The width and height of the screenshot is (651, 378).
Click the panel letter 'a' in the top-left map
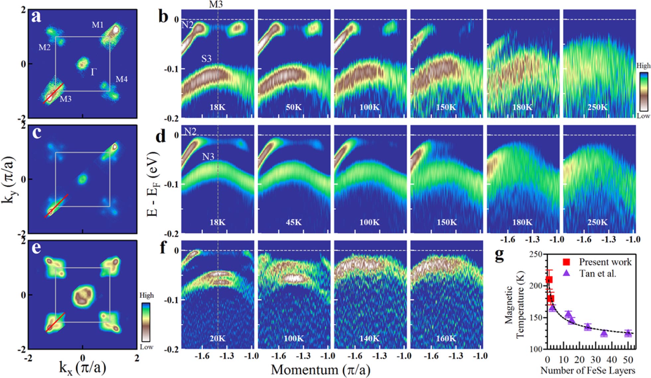(x=36, y=17)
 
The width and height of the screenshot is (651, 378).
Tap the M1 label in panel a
(x=98, y=25)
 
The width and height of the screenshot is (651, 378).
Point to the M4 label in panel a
(x=122, y=79)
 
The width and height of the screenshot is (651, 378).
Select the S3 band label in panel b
(x=206, y=59)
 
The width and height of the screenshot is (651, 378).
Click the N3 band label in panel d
(x=208, y=156)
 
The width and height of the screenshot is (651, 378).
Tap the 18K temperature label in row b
(x=217, y=107)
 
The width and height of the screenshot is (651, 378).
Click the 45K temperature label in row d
(x=294, y=222)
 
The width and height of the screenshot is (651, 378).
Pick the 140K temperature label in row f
(x=369, y=338)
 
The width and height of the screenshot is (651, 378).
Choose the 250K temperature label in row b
(x=598, y=107)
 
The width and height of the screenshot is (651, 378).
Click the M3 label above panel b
(x=216, y=4)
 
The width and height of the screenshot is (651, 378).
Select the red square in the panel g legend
(x=566, y=262)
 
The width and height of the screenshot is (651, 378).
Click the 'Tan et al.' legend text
(x=598, y=274)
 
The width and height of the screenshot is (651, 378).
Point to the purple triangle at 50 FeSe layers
(x=628, y=332)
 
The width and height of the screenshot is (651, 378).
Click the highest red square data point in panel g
(x=549, y=280)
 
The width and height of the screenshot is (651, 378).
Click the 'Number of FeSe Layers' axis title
(x=588, y=370)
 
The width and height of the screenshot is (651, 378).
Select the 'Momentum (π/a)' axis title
(x=320, y=370)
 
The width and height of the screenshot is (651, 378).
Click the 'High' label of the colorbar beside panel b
(x=643, y=66)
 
